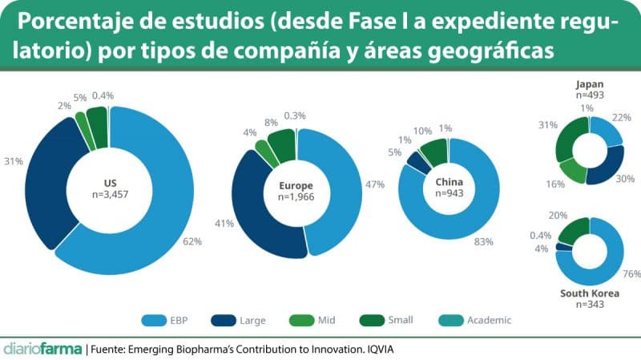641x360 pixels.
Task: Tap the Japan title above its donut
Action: pos(590,83)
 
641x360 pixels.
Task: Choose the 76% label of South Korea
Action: pos(631,274)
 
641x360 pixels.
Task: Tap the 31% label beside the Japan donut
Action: pos(548,124)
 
